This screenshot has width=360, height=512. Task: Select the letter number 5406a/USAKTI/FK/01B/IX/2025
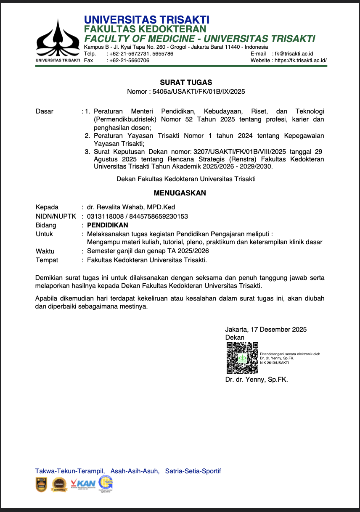tap(199, 91)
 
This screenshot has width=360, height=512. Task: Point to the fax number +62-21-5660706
tap(129, 60)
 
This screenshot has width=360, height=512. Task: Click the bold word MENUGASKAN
tap(180, 193)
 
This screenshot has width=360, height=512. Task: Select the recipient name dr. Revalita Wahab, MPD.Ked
tap(131, 207)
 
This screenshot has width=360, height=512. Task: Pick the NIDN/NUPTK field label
tap(56, 216)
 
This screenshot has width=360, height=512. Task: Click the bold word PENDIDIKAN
tap(108, 225)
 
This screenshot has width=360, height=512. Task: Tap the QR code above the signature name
tap(242, 358)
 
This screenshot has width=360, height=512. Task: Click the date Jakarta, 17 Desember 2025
tap(266, 329)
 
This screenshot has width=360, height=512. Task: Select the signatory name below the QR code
tap(257, 379)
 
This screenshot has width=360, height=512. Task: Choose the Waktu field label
tap(45, 251)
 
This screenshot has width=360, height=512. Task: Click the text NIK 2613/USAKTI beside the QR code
tap(274, 362)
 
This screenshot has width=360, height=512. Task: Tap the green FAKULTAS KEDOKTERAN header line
tap(145, 29)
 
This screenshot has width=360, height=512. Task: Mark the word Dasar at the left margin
tap(45, 111)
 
